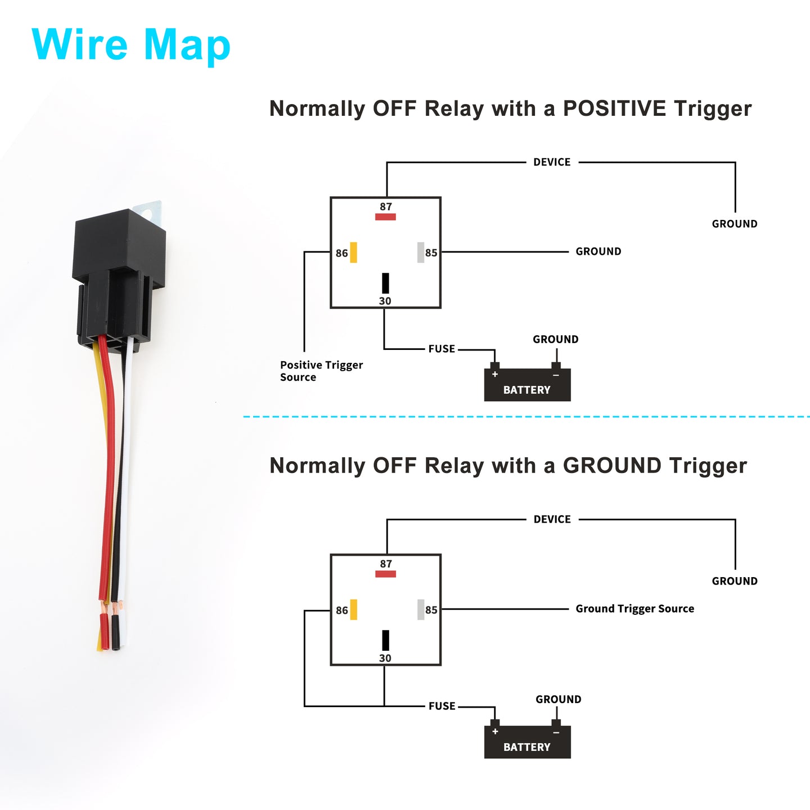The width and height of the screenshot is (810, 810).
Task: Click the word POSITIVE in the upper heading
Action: [x=614, y=109]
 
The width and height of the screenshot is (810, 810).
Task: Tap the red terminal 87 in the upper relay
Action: [x=385, y=217]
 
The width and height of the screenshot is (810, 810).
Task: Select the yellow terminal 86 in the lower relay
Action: [x=353, y=610]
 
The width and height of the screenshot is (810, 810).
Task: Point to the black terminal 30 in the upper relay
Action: [x=385, y=283]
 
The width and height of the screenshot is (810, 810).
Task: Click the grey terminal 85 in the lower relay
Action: [x=420, y=610]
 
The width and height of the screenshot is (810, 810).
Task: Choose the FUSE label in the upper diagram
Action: [x=442, y=349]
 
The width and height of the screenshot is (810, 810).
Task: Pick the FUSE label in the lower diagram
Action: [x=442, y=706]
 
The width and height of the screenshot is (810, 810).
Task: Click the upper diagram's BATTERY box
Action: [x=527, y=385]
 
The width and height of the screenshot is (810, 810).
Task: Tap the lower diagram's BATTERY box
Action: [x=527, y=742]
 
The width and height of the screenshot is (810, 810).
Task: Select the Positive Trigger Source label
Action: [x=321, y=371]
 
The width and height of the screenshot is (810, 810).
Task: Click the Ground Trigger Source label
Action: [x=634, y=609]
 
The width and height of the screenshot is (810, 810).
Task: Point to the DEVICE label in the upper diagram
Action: [x=552, y=162]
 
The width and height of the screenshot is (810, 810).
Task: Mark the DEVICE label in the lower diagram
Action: [x=552, y=519]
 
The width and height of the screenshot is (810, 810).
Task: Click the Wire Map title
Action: [x=130, y=46]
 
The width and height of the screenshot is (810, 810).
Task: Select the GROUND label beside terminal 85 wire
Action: [x=598, y=251]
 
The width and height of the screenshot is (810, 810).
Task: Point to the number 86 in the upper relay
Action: [x=342, y=253]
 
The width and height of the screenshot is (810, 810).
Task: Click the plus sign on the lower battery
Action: [x=495, y=732]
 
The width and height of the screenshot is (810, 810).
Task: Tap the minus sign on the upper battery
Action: [x=556, y=375]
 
